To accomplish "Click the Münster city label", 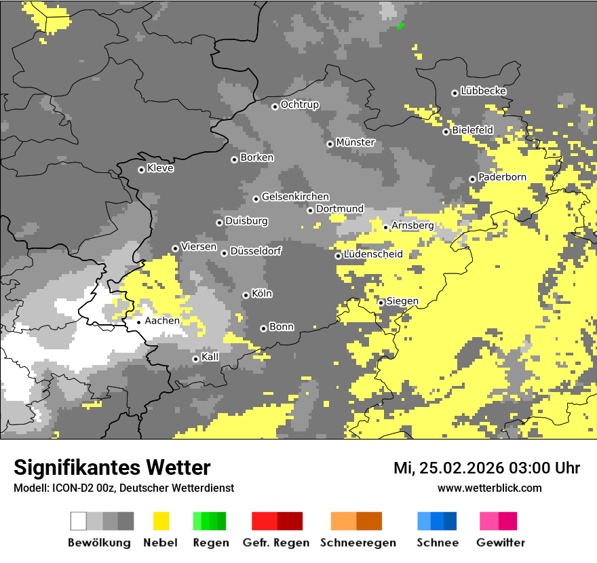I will pyautogui.click(x=355, y=142).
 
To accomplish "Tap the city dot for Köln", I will pyautogui.click(x=246, y=295).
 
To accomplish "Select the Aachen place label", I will pyautogui.click(x=162, y=321).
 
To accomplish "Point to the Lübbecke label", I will pyautogui.click(x=483, y=91).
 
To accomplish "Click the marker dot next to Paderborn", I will pyautogui.click(x=472, y=179).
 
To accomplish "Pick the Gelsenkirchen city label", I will pyautogui.click(x=295, y=197).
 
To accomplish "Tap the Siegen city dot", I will pyautogui.click(x=381, y=303).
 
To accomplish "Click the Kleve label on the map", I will pyautogui.click(x=160, y=168).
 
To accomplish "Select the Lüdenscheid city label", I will pyautogui.click(x=373, y=254).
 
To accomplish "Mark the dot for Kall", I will pyautogui.click(x=195, y=359).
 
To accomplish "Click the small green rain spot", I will pyautogui.click(x=400, y=26).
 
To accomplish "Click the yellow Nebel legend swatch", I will pyautogui.click(x=161, y=521).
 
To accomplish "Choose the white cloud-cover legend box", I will pyautogui.click(x=79, y=521).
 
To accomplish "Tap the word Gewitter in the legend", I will pyautogui.click(x=500, y=543).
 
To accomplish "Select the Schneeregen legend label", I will pyautogui.click(x=358, y=543).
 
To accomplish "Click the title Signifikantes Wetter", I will pyautogui.click(x=112, y=467).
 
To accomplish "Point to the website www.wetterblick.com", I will pyautogui.click(x=489, y=488).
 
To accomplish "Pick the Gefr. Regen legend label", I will pyautogui.click(x=276, y=543).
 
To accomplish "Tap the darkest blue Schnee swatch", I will pyautogui.click(x=450, y=521).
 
